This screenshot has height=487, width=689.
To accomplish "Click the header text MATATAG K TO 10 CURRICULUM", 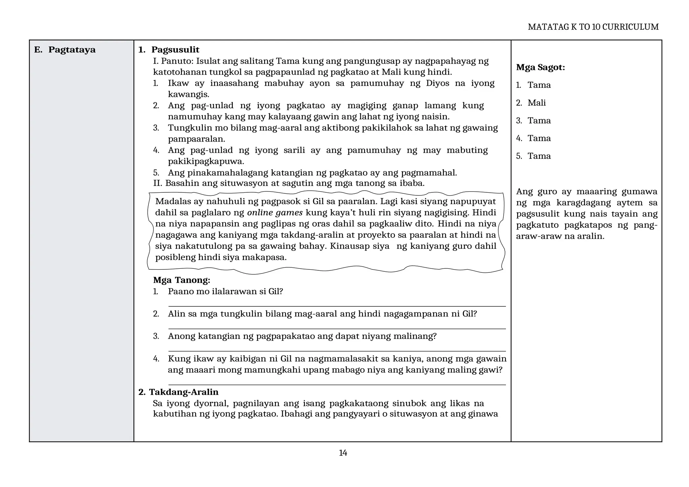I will (x=593, y=27).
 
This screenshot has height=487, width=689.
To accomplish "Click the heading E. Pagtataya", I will (x=65, y=50).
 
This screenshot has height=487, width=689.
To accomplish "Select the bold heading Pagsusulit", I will (x=175, y=50).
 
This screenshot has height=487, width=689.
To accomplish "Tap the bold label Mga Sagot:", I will (x=540, y=67).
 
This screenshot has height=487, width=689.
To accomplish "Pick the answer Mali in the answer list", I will (x=537, y=103).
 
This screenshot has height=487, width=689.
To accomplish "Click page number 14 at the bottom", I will (x=343, y=453).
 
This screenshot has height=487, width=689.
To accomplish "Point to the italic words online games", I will (x=275, y=213).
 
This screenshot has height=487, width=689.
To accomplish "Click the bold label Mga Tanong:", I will (x=181, y=280).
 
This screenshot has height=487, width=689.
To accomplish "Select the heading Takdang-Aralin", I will (x=184, y=392).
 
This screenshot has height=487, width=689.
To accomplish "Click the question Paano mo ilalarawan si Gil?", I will (x=225, y=292).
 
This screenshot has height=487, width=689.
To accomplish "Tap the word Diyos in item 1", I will (x=437, y=83).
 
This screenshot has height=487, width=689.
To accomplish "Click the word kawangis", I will (x=188, y=95).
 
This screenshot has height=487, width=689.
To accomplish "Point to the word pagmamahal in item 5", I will (x=435, y=173).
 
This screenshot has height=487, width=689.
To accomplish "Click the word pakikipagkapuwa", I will (x=206, y=161).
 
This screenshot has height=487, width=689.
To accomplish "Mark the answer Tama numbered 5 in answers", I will (x=539, y=156).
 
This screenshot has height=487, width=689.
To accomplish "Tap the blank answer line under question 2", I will (x=336, y=329).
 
